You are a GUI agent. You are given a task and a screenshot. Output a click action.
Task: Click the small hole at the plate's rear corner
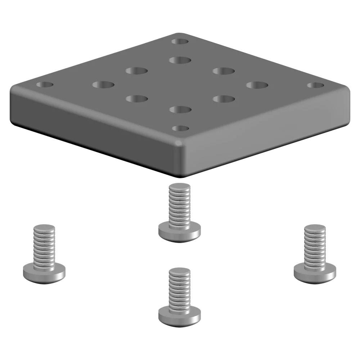[180, 41]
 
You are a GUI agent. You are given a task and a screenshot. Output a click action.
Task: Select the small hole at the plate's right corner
[315, 85]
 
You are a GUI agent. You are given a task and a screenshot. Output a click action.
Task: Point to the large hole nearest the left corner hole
[103, 85]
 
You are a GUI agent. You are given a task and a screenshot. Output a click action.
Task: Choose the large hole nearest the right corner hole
[257, 85]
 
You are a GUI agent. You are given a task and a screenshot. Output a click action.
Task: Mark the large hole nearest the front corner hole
[180, 109]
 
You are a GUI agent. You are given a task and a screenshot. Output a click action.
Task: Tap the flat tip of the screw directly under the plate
[179, 187]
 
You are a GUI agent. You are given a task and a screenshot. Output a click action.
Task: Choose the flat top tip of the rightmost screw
[315, 228]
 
